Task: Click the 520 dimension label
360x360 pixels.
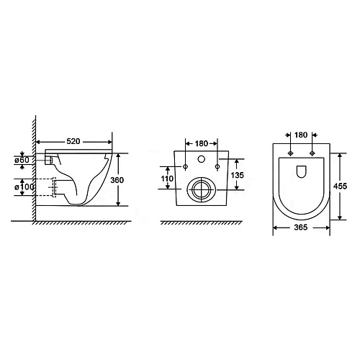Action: [x=73, y=141]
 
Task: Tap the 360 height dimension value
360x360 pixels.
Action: [x=117, y=180]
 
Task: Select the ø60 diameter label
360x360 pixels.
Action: [x=22, y=160]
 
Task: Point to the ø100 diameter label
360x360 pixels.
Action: [x=24, y=187]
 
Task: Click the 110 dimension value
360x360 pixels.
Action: [x=167, y=179]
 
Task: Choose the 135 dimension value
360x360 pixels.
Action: [x=238, y=175]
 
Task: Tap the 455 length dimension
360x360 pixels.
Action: [x=341, y=186]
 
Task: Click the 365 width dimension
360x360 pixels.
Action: [x=301, y=227]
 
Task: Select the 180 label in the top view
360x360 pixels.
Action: [x=301, y=135]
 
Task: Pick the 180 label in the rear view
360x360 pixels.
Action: [x=202, y=143]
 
